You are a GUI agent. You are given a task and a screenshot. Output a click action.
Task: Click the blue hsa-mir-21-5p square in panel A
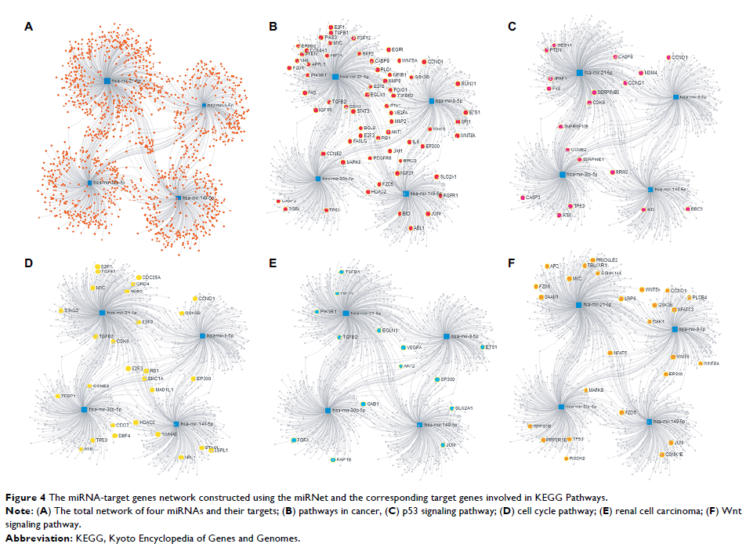tap(107, 80)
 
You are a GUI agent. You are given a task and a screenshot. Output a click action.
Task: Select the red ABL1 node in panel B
tap(410, 227)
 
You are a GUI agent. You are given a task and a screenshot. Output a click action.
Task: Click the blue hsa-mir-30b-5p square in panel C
tap(563, 175)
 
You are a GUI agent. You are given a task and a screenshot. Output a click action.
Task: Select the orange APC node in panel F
tap(547, 266)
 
